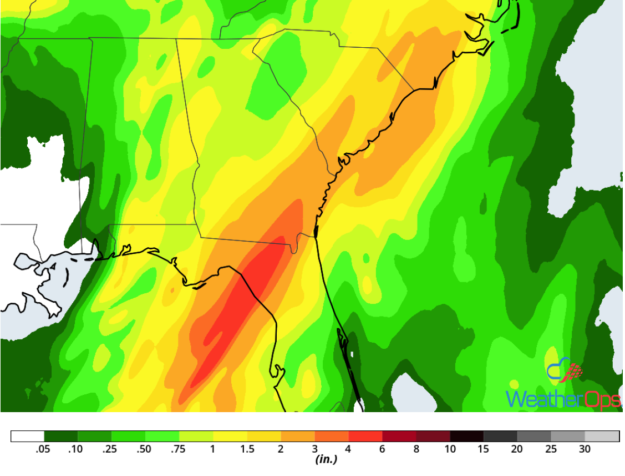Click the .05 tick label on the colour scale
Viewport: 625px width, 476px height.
point(43,449)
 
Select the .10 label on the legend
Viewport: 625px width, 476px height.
point(76,449)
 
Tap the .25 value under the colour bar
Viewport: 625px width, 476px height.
point(110,449)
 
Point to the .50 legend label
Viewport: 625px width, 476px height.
point(145,449)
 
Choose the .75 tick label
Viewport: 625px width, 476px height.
point(179,449)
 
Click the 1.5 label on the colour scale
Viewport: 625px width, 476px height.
point(246,449)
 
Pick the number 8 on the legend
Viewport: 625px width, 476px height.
point(416,449)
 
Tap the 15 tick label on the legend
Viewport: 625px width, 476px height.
point(484,449)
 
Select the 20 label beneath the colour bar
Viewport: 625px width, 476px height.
point(517,449)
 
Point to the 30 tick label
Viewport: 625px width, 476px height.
point(585,449)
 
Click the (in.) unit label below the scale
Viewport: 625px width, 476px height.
point(326,460)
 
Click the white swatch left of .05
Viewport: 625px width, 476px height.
point(27,436)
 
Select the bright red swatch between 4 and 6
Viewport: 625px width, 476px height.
point(365,436)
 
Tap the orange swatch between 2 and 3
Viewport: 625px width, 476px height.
point(298,436)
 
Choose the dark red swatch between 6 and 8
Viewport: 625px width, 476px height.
point(399,436)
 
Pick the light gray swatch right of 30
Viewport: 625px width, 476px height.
point(602,436)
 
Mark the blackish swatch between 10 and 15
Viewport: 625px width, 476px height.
point(467,436)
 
